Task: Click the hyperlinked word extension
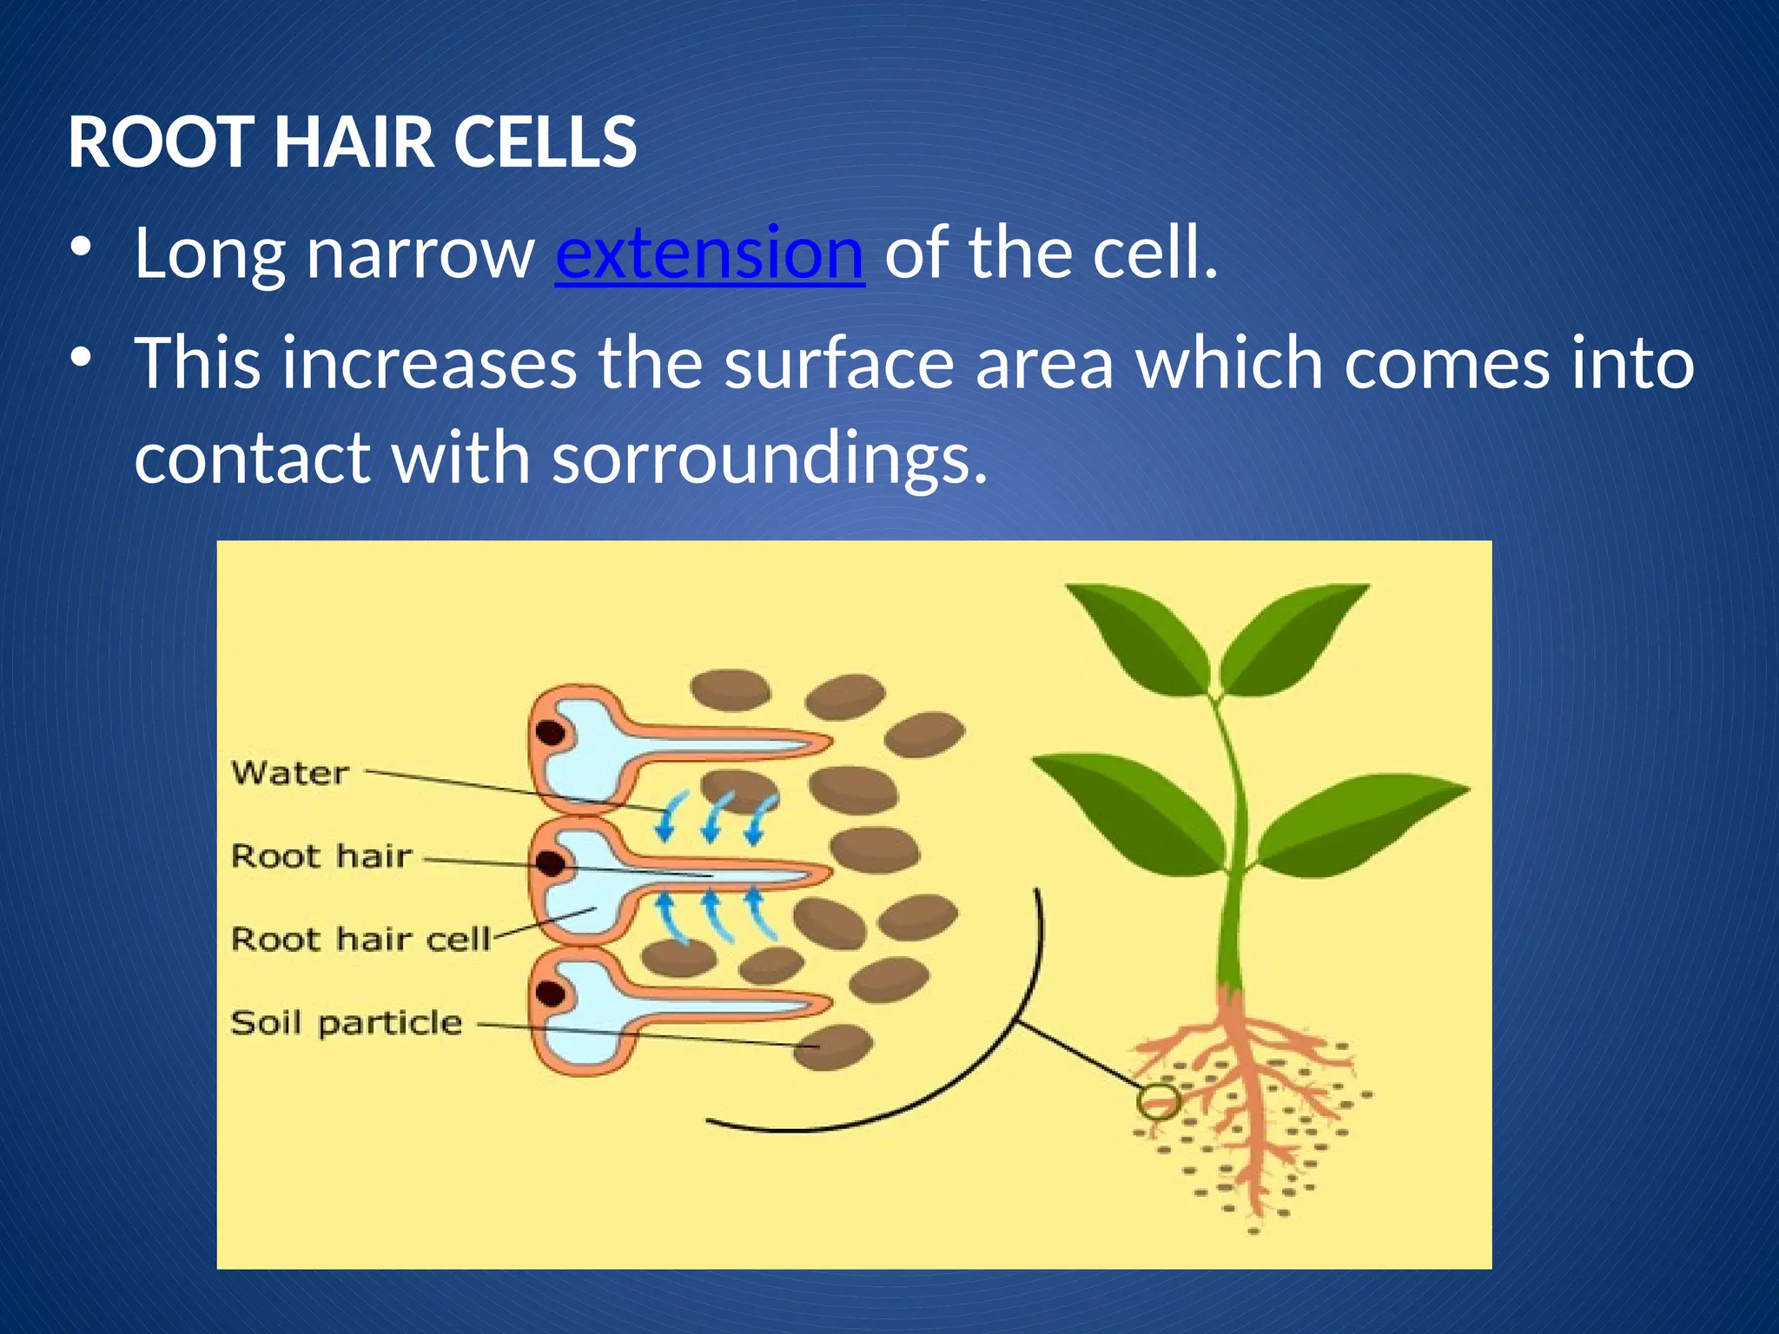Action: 709,254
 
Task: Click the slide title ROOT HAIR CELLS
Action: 352,142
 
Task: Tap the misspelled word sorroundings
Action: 770,458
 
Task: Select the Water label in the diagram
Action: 290,772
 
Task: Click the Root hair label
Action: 321,855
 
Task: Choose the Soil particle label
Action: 346,1022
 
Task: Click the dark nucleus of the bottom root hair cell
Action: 550,994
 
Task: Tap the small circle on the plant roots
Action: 1158,1102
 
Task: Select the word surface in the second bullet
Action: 839,363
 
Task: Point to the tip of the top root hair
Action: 825,743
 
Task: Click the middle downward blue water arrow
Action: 714,816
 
